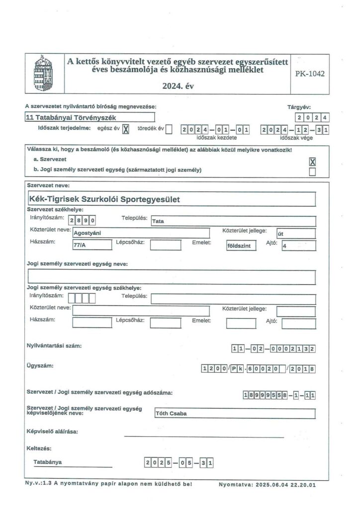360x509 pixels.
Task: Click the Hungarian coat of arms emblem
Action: [x=43, y=74]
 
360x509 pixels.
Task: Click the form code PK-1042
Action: [x=309, y=74]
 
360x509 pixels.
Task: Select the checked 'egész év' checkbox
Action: [x=126, y=130]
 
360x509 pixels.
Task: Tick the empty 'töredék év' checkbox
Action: [x=169, y=130]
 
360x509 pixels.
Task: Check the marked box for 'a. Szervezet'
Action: [x=312, y=162]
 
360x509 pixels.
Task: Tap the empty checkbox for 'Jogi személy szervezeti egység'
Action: [x=312, y=171]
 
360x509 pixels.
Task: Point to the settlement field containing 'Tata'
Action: [x=233, y=221]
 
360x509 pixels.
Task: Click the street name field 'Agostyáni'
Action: [x=141, y=233]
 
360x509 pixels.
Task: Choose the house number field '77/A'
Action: [x=91, y=245]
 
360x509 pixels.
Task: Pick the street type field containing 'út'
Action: [x=296, y=233]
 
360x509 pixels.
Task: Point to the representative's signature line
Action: [x=203, y=436]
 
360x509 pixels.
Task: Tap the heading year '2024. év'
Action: [x=178, y=86]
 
